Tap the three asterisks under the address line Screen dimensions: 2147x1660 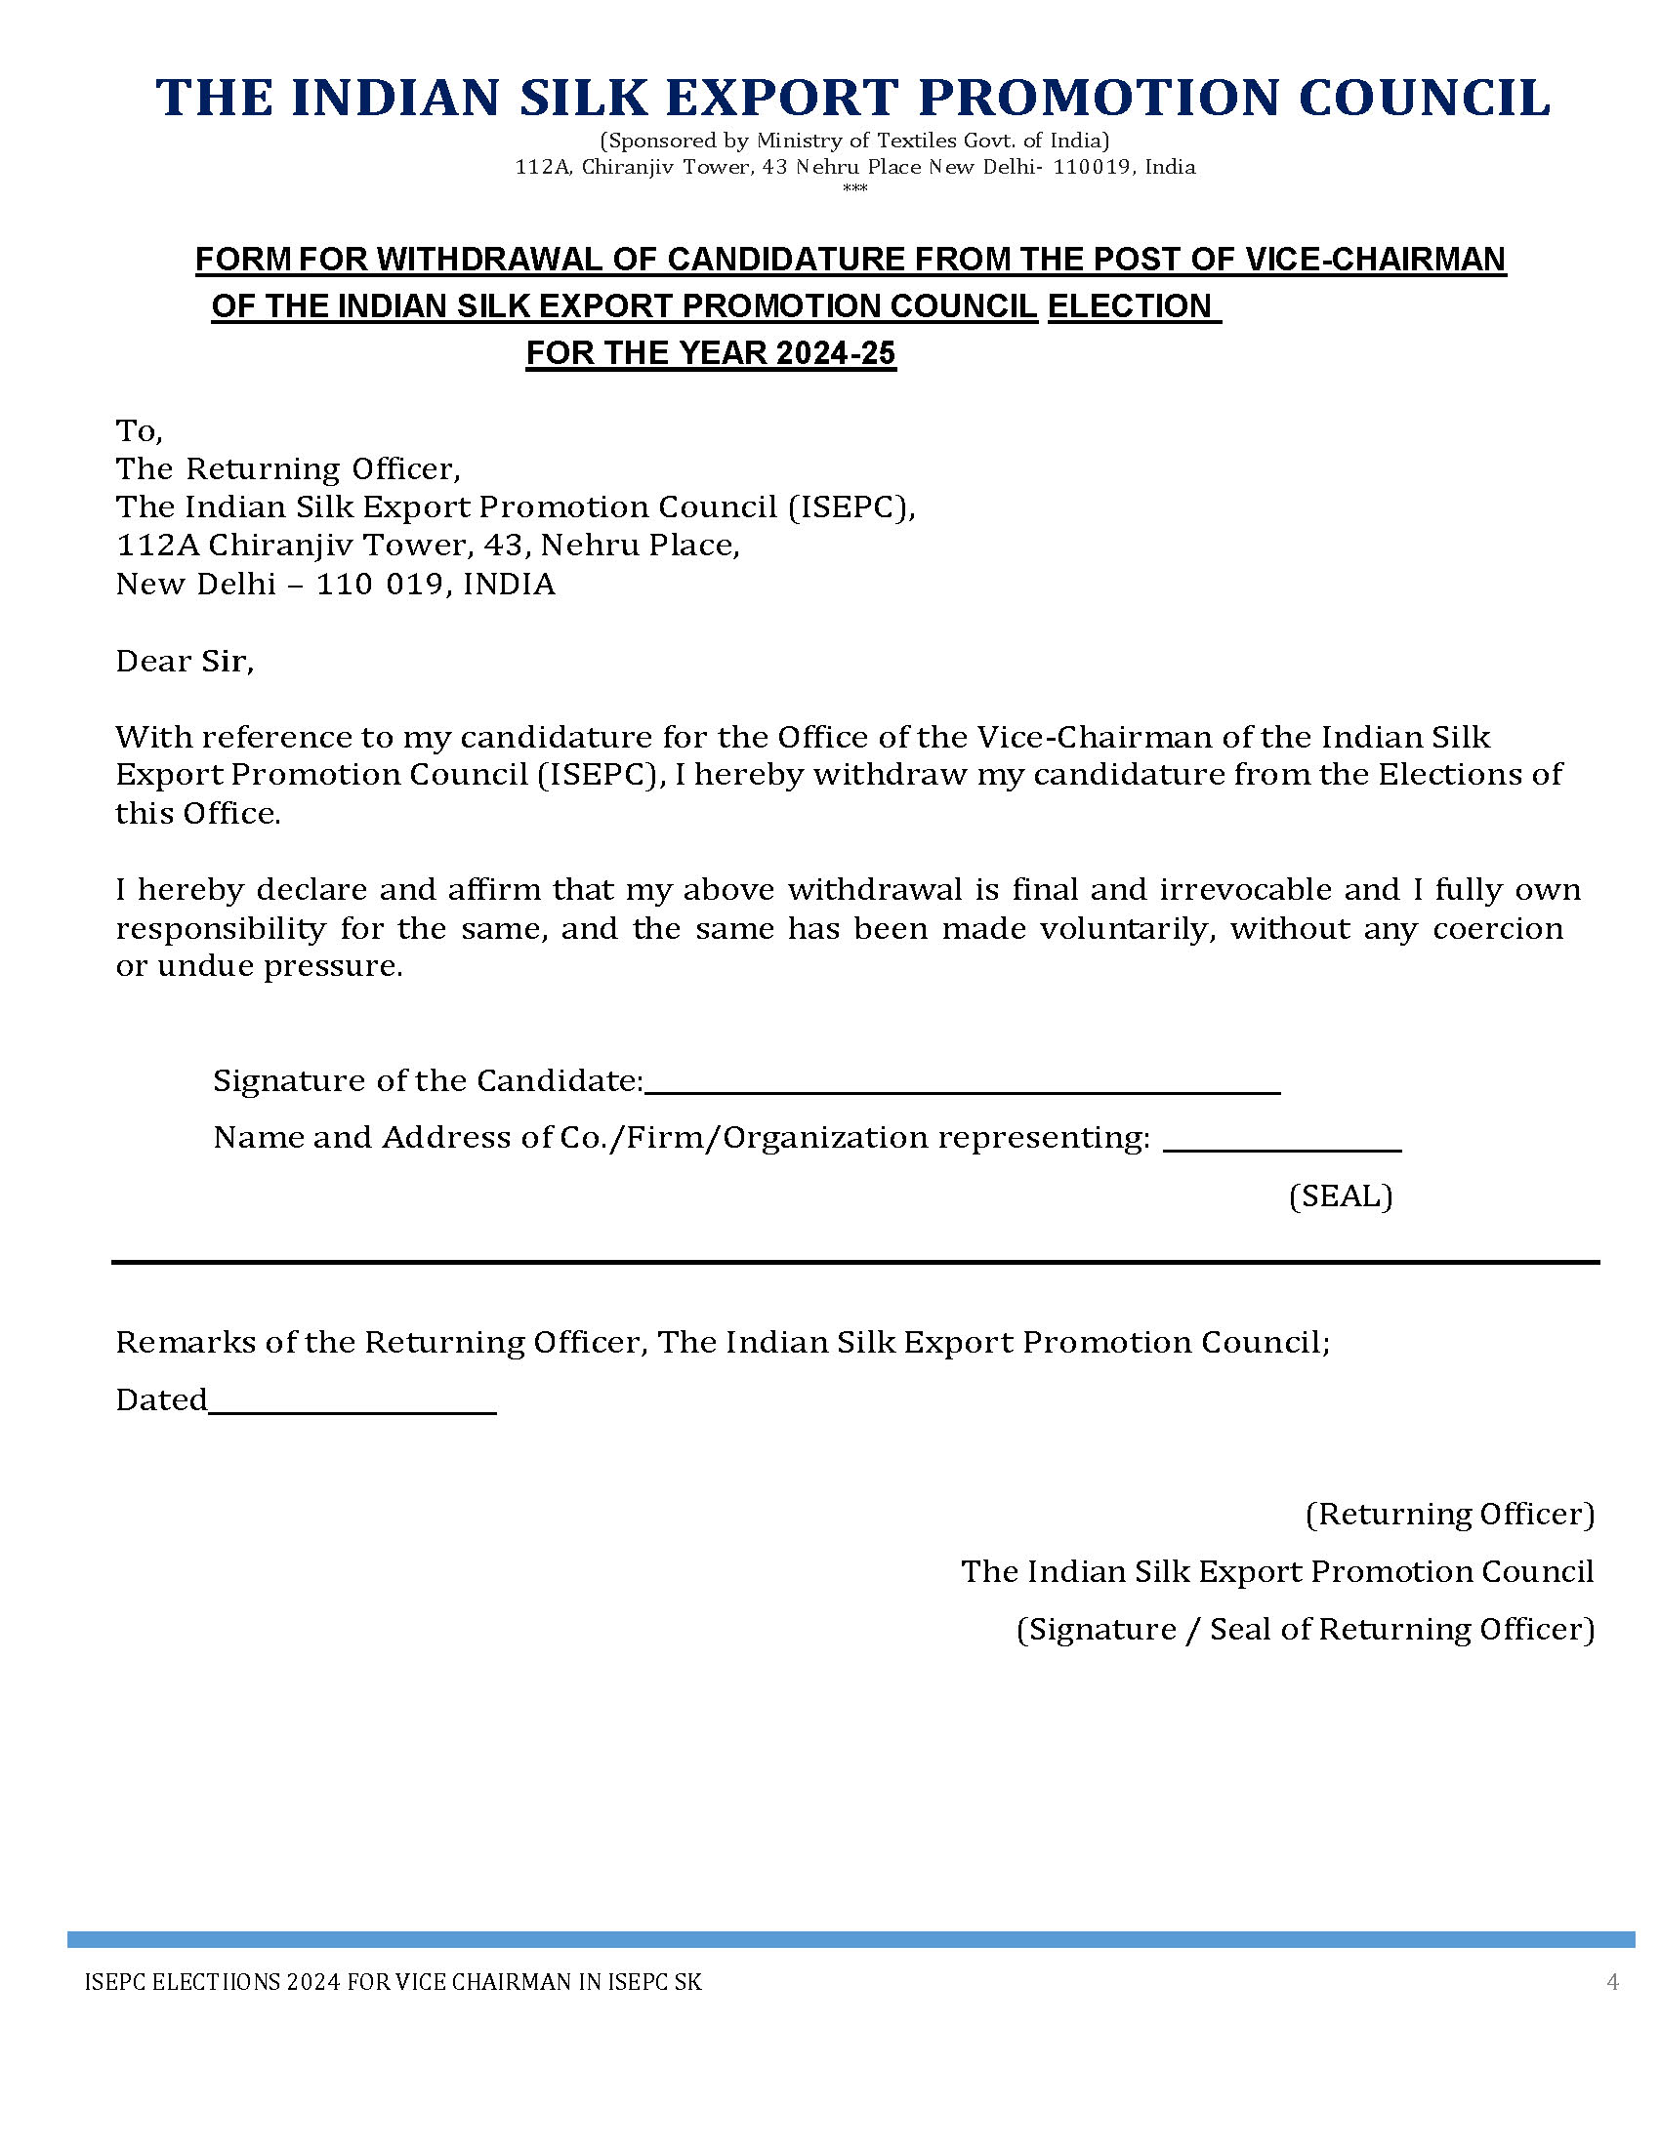(854, 187)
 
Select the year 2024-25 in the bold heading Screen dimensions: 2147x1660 (836, 353)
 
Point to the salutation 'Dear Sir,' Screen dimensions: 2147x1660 (185, 661)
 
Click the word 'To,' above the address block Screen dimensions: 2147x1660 (139, 430)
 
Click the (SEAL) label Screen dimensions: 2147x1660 (1341, 1195)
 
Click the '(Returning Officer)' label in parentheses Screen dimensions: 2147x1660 (1449, 1513)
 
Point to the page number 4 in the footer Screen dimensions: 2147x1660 (1612, 1981)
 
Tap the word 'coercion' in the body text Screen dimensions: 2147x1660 (1497, 928)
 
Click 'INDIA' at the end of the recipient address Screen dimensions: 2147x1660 (509, 584)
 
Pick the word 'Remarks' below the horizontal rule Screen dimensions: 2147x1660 (186, 1342)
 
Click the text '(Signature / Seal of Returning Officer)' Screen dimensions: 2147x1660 (1305, 1629)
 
